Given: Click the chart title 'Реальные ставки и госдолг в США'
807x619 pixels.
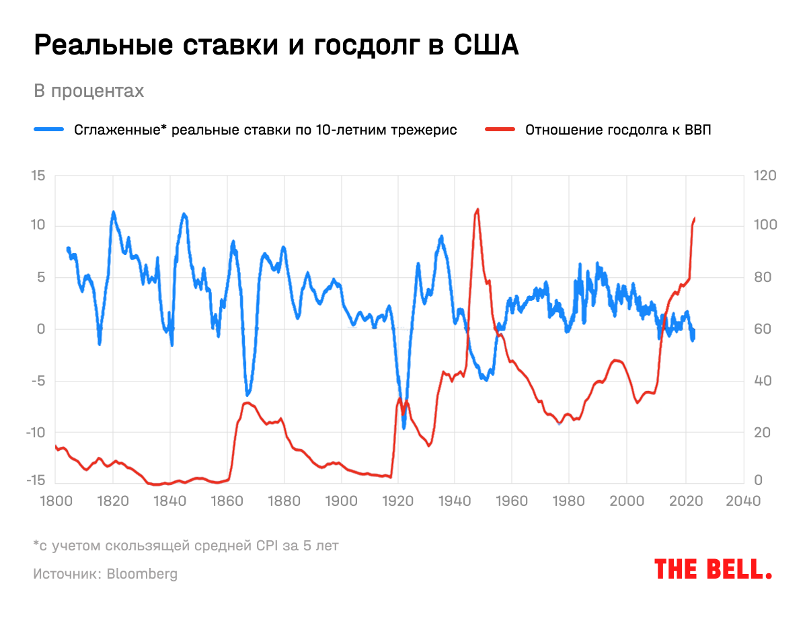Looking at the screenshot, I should click(x=276, y=46).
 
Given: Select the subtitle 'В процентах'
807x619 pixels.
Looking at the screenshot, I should click(x=89, y=91).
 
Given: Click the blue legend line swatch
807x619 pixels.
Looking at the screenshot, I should click(x=49, y=130).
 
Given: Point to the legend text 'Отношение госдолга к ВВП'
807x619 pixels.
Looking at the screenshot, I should click(x=618, y=130).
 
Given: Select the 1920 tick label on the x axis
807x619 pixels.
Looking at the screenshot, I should click(x=397, y=501).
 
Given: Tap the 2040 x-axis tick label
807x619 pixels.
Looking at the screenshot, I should click(x=743, y=501).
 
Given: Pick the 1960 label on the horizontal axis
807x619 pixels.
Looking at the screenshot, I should click(x=512, y=501).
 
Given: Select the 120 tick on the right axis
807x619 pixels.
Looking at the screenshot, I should click(x=766, y=176).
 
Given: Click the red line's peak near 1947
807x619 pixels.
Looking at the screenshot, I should click(x=477, y=209).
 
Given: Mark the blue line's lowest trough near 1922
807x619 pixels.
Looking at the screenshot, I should click(x=404, y=427).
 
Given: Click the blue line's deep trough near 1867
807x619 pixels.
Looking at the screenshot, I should click(x=247, y=394).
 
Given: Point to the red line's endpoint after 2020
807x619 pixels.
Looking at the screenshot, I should click(x=695, y=218).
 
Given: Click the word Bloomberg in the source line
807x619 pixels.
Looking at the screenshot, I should click(x=142, y=574).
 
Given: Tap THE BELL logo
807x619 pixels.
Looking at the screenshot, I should click(x=713, y=569).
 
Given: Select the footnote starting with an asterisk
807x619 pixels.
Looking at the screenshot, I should click(x=186, y=545).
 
